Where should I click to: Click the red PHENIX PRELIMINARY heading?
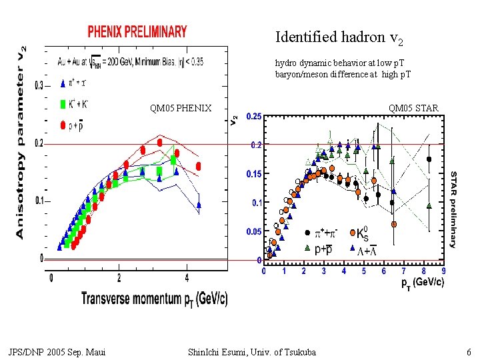tap(137, 31)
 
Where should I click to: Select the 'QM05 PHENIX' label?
tap(181, 108)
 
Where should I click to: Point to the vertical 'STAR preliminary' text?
tap(454, 209)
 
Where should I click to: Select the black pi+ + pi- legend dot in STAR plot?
tap(307, 233)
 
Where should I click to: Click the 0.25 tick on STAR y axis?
tap(253, 117)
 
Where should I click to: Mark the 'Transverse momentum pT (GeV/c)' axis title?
tap(154, 298)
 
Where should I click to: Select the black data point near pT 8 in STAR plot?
tap(429, 159)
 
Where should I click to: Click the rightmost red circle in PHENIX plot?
tap(199, 166)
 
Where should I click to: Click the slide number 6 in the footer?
tap(469, 352)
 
